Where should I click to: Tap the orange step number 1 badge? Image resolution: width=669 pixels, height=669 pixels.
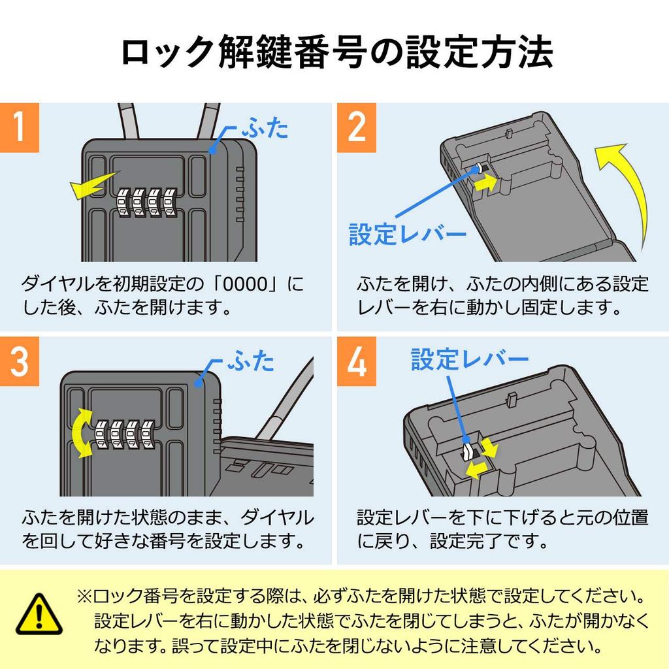coord(20,127)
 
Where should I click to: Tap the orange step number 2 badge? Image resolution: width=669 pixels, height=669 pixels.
coord(357,127)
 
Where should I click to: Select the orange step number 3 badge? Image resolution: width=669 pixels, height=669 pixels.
coord(20,361)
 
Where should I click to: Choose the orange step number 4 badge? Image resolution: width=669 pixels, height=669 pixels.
coord(357,361)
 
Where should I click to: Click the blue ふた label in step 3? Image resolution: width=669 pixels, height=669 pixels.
coord(250,361)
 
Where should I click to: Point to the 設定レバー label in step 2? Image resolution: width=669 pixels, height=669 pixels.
coord(407,235)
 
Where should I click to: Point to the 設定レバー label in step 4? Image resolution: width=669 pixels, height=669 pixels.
coord(469,359)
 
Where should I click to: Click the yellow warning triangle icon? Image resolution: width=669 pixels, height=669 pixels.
coord(39,615)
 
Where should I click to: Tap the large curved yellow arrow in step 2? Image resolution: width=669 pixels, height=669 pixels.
coord(627,189)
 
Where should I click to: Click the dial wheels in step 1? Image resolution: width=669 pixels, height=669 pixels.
coord(147,203)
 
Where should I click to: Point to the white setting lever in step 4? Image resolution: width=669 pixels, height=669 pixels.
coord(468,451)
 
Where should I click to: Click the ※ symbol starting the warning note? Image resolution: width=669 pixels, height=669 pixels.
coord(85,597)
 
